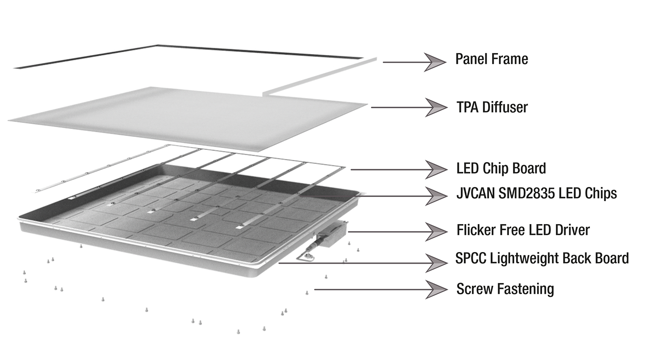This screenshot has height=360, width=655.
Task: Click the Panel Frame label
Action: [492, 59]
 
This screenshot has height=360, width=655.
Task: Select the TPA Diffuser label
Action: [492, 108]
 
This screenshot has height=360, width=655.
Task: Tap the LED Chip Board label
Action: [501, 168]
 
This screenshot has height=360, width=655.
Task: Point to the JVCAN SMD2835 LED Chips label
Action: [536, 193]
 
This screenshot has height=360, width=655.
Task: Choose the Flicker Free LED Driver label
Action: [523, 230]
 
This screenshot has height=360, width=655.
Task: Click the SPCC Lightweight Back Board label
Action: [542, 258]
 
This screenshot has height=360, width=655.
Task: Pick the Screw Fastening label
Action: [505, 288]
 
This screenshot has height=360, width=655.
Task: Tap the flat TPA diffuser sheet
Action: [189, 117]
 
